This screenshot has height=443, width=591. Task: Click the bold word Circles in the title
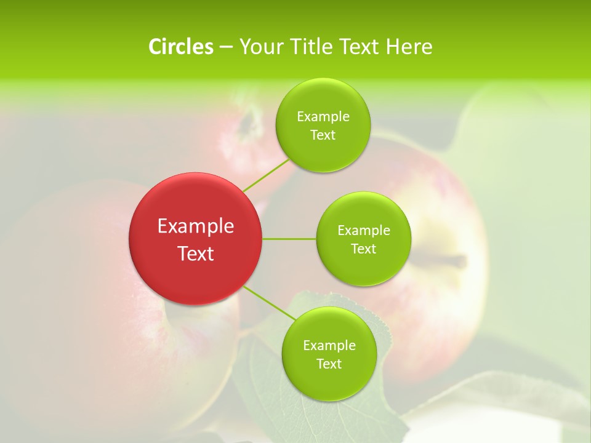coord(180,47)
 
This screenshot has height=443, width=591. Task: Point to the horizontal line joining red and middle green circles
coord(289,239)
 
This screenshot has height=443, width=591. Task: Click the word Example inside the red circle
coord(196,226)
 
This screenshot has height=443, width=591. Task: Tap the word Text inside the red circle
coord(196,253)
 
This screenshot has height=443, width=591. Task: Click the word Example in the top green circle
coord(323,117)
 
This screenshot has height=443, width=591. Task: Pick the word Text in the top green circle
coord(323,135)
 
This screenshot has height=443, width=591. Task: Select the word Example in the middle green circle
coord(364,231)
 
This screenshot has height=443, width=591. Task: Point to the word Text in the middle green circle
coord(363,249)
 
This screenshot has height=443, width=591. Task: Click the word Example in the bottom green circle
coord(329,346)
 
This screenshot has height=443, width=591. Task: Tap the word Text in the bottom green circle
coord(329,364)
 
